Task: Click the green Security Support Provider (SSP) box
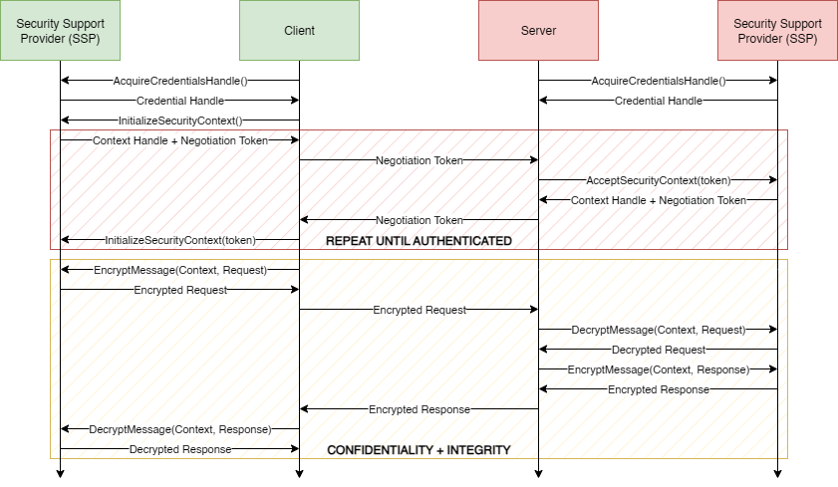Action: coord(60,31)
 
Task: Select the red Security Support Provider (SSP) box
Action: coord(777,31)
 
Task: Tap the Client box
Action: coord(299,31)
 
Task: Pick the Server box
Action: coord(538,31)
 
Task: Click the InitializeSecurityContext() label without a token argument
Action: coord(180,121)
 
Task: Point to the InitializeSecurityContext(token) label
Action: coord(180,240)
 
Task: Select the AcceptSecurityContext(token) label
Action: coord(659,180)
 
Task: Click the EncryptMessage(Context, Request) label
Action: coord(180,270)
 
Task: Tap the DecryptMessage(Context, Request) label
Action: coord(659,330)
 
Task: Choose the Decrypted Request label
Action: coord(659,350)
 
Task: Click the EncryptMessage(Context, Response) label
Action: coord(659,369)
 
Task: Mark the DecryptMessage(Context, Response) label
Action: coord(180,429)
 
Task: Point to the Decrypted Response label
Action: coord(180,449)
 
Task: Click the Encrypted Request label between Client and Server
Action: coord(419,310)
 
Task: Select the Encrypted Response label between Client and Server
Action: coord(419,409)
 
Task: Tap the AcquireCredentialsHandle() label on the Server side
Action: coord(659,81)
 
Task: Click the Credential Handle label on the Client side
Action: coord(180,101)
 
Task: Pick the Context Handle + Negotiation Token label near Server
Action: coord(659,200)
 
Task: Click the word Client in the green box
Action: coord(299,31)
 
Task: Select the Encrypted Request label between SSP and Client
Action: coord(180,290)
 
